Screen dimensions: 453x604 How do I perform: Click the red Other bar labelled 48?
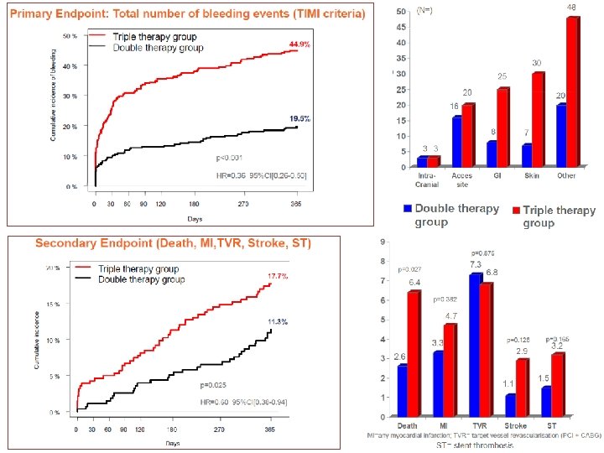coord(572,91)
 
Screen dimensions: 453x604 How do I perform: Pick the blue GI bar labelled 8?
coord(492,154)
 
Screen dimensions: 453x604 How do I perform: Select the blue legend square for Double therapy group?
coord(407,208)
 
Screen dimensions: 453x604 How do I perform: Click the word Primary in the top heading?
coord(38,14)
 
